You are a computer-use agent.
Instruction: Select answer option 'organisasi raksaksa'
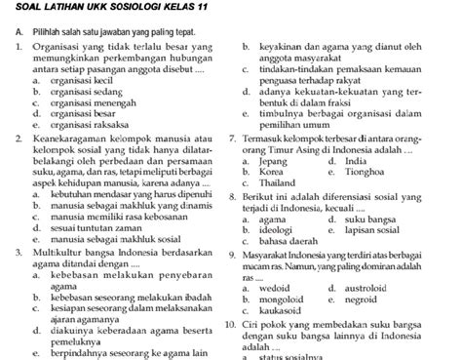(x=74, y=124)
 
